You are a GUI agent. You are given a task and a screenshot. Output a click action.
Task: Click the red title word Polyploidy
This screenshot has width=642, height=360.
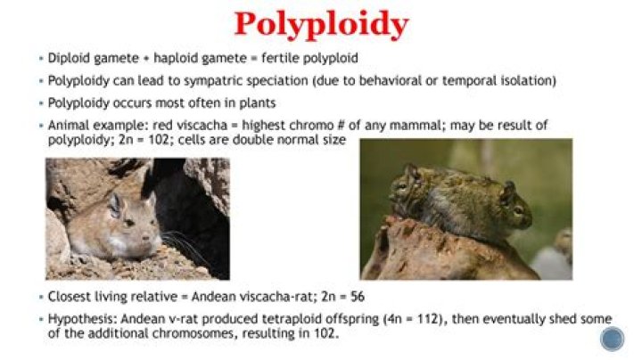(321, 25)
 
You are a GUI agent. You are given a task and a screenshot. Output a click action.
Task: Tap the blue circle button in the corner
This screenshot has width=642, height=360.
(612, 339)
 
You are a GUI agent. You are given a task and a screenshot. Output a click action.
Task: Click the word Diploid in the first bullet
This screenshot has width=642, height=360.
(69, 60)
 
